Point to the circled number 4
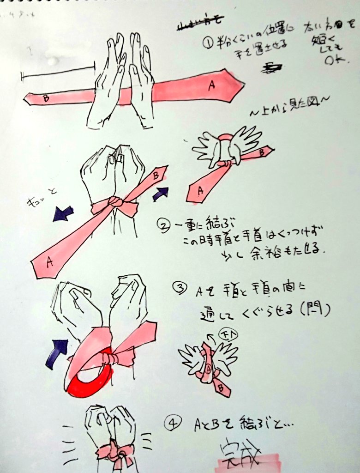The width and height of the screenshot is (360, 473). [x=172, y=424]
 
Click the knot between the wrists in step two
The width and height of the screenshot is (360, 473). [x=115, y=203]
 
